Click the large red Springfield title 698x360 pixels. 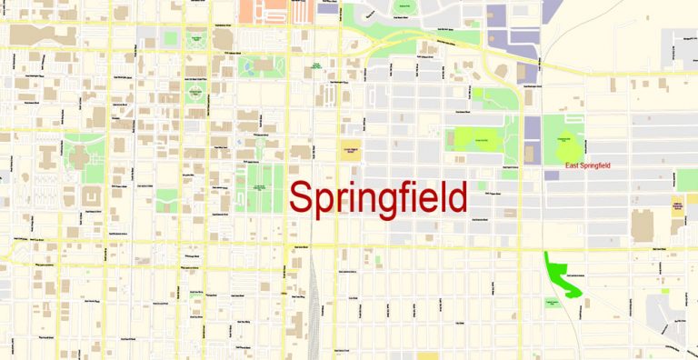tap(378, 198)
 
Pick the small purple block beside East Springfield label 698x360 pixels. tap(553, 173)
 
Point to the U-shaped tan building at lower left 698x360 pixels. tap(92, 195)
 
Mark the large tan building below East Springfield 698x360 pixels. tap(643, 223)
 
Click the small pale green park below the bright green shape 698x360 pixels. tap(551, 303)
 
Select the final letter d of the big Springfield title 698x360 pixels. tap(455, 196)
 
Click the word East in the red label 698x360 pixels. tap(573, 166)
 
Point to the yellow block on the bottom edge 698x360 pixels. tap(427, 355)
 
